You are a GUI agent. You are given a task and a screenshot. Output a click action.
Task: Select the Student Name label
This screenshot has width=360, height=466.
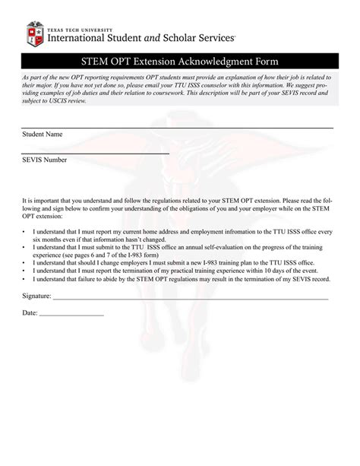[x=43, y=134]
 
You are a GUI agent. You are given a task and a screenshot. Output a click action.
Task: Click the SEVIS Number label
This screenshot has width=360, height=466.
[x=44, y=160]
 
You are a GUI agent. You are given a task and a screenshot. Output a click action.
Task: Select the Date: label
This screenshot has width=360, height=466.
[x=30, y=312]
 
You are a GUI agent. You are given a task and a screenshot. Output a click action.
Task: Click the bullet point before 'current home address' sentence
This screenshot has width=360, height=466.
[x=24, y=229]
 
